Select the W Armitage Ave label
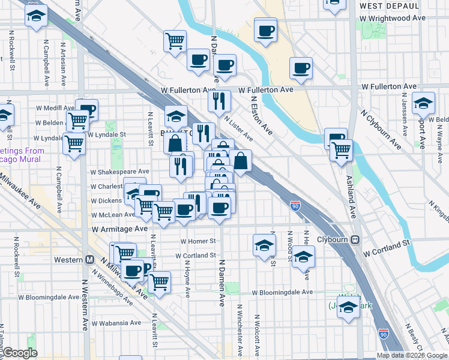coord(120,229)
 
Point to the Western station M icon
coord(90,260)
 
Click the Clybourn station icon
coord(355,238)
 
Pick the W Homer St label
coord(197,241)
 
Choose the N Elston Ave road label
coord(261,117)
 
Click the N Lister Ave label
coord(238,129)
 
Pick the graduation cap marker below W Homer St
coord(264,245)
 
